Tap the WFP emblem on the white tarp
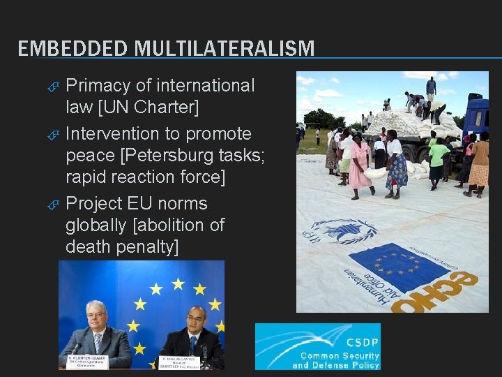pyautogui.click(x=342, y=231)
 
